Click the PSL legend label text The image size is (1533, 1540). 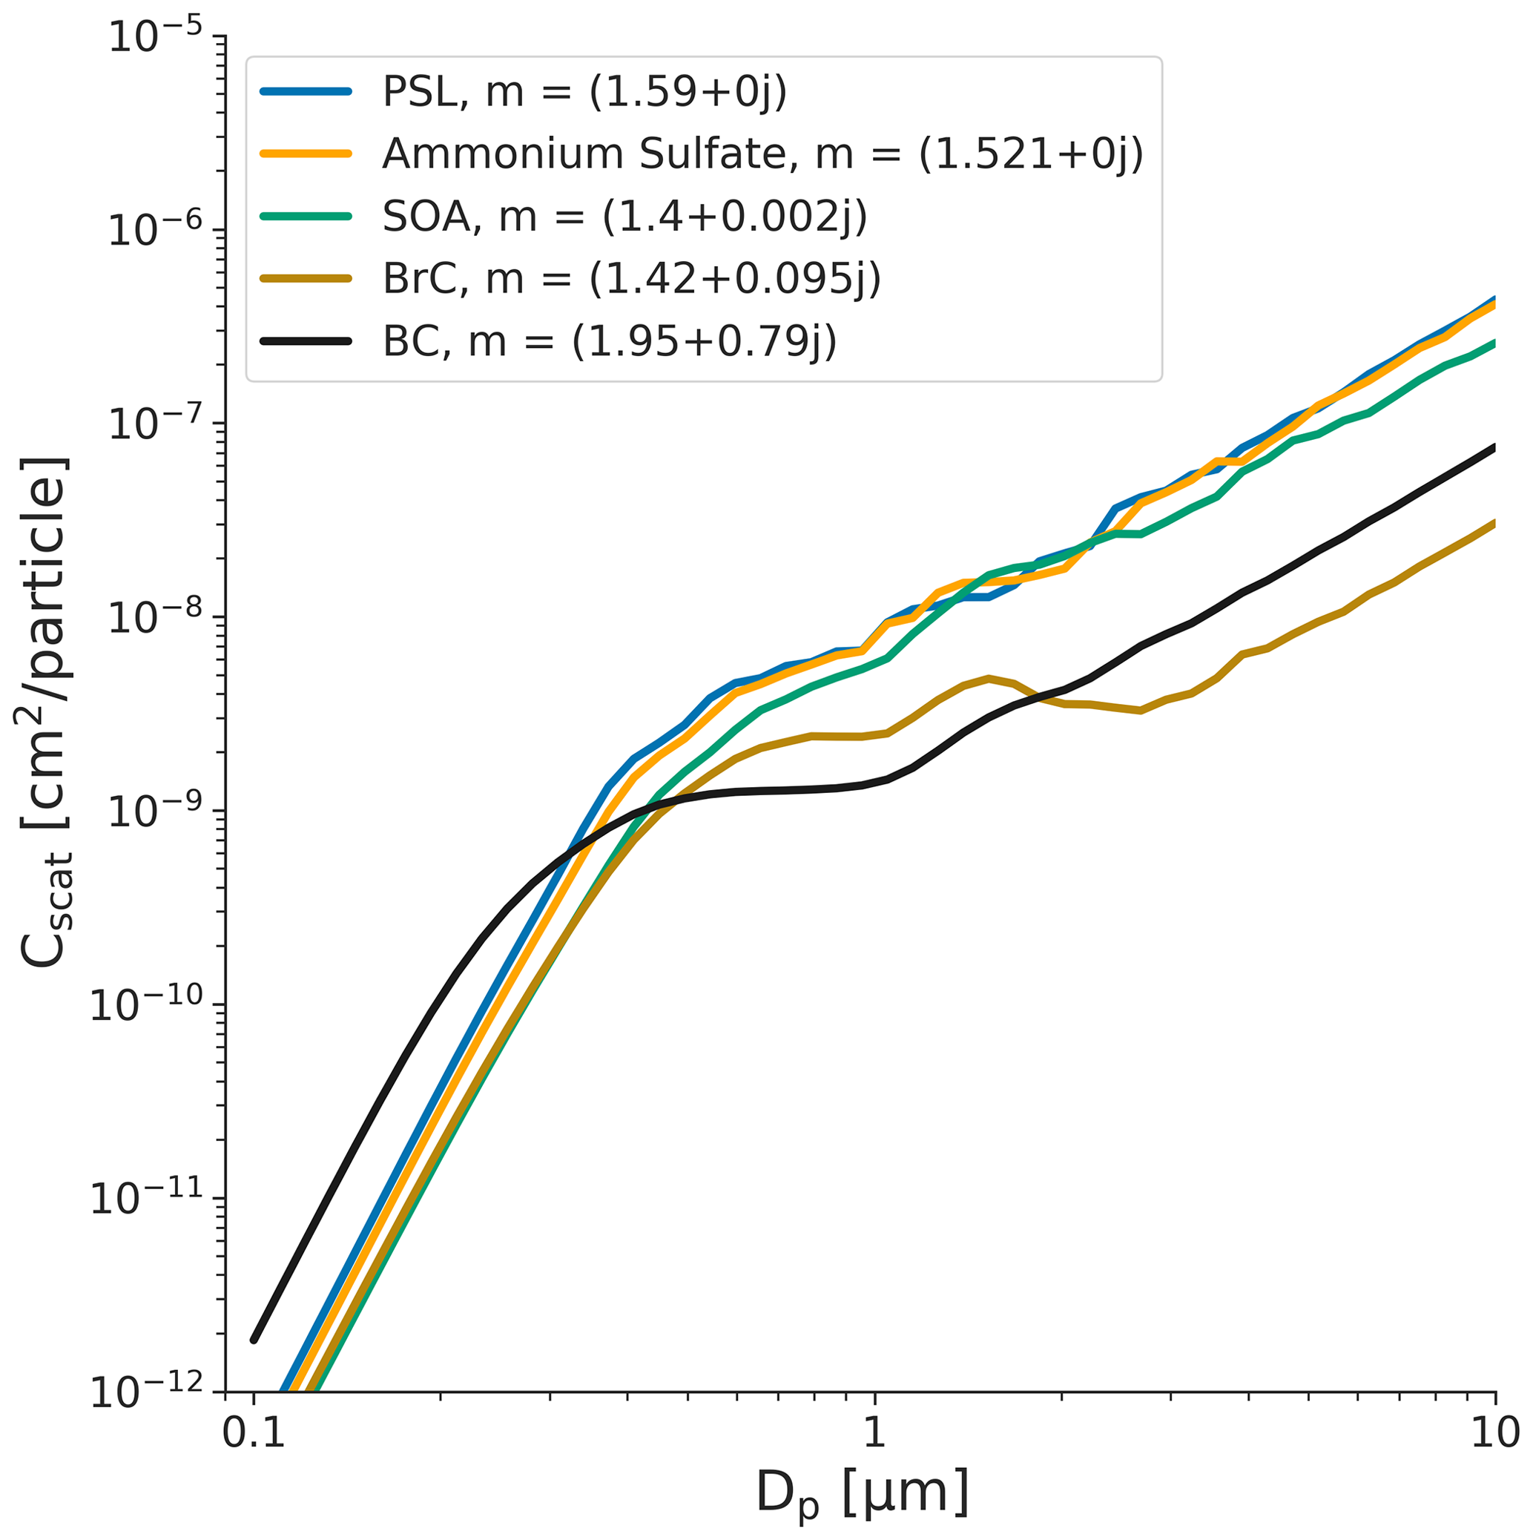pyautogui.click(x=584, y=92)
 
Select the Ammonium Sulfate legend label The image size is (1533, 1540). pyautogui.click(x=762, y=154)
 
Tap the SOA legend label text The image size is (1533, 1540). pyautogui.click(x=624, y=216)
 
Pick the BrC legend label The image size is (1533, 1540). pyautogui.click(x=631, y=278)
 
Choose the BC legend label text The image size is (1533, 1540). pyautogui.click(x=610, y=340)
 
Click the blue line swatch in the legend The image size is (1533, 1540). pyautogui.click(x=305, y=92)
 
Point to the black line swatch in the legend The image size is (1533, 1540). pyautogui.click(x=305, y=340)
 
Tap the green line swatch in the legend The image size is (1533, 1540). pyautogui.click(x=305, y=216)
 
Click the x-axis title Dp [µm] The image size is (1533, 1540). pyautogui.click(x=862, y=1494)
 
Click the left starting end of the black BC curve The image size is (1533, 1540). pyautogui.click(x=254, y=1340)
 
